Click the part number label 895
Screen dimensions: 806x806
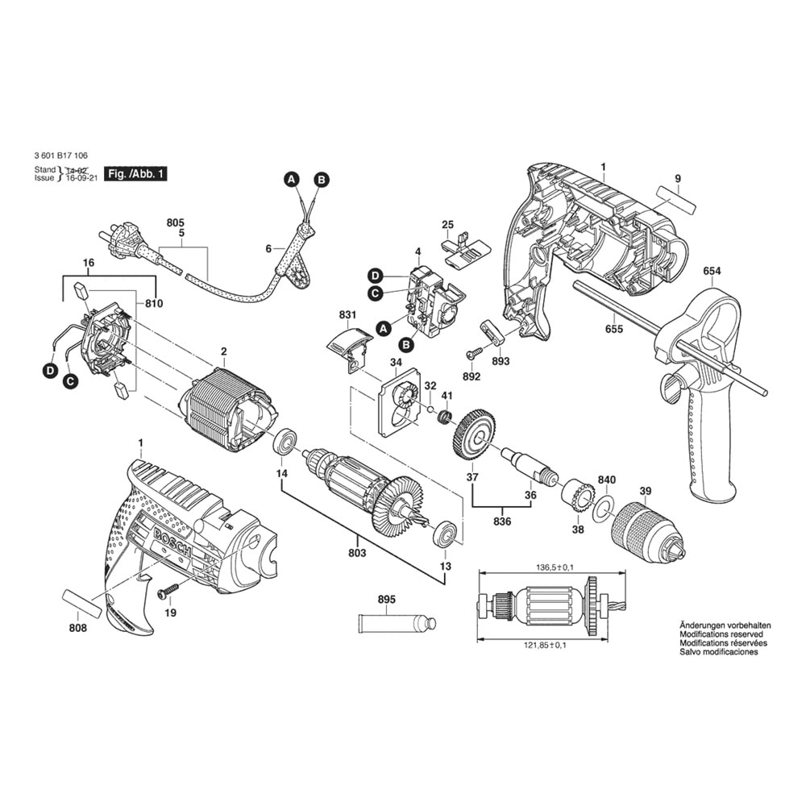click(x=387, y=600)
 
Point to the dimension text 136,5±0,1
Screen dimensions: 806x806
click(x=552, y=567)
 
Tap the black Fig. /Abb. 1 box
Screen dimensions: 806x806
click(x=135, y=174)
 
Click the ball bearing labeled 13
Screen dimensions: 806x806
click(x=445, y=536)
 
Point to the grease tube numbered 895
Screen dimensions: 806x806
click(x=397, y=624)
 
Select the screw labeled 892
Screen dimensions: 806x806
click(x=473, y=353)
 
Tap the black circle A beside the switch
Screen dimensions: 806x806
click(x=382, y=329)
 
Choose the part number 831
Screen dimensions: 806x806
click(x=347, y=314)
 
